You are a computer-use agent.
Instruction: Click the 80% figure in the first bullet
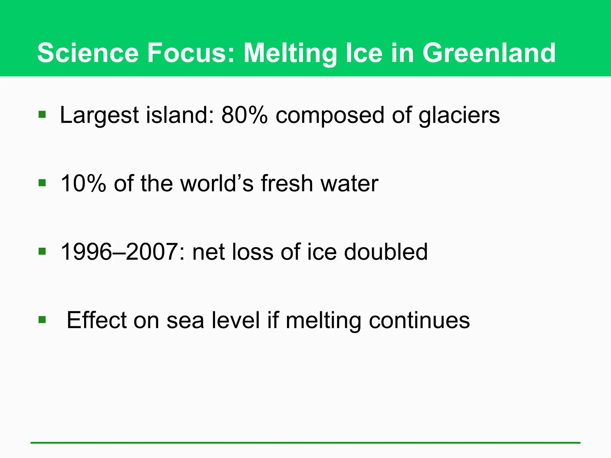244,115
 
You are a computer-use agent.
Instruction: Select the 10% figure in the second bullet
83,183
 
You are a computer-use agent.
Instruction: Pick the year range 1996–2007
119,252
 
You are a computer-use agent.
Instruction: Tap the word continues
419,320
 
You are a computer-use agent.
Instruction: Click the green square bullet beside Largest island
42,114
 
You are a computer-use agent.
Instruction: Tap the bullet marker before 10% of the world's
42,183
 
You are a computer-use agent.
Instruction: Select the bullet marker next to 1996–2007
42,251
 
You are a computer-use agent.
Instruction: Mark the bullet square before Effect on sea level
42,320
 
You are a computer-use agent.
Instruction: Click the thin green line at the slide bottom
305,443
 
